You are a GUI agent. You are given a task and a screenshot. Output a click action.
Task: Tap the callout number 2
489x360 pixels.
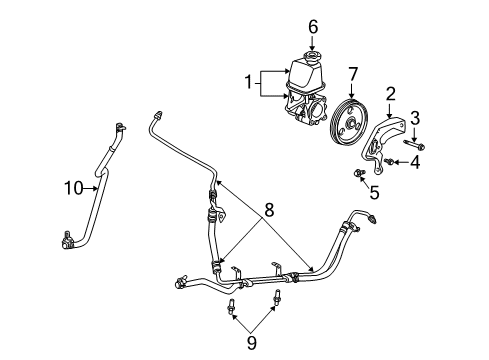(391, 93)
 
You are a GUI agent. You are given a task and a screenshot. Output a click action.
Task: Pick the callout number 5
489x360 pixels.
(375, 193)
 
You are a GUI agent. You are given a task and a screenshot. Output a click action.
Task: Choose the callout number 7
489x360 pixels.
(352, 73)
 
